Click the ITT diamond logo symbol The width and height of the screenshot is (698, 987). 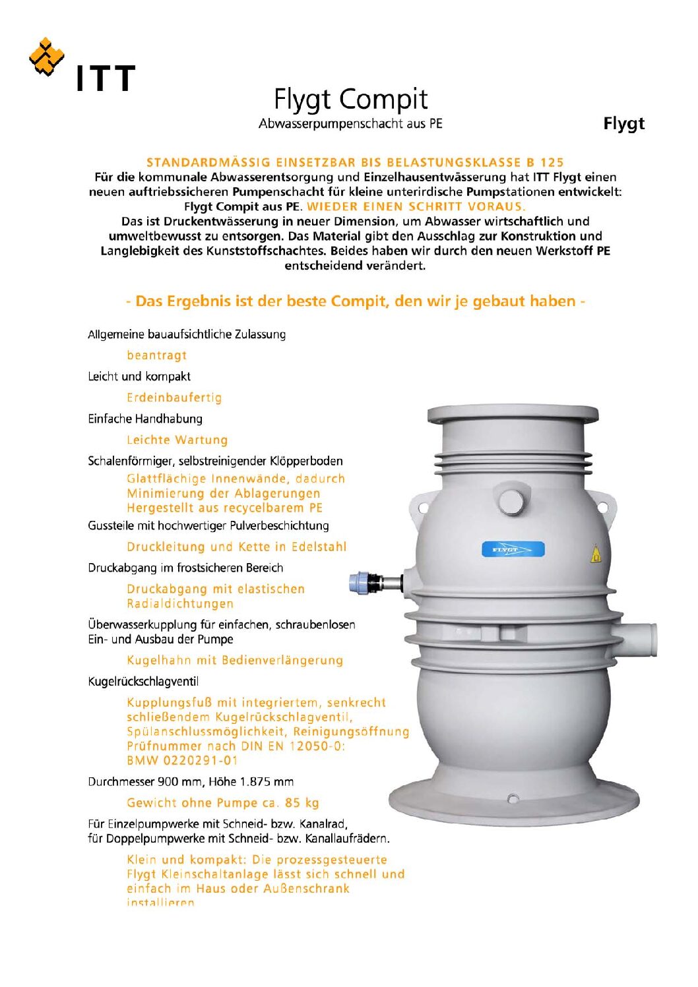[46, 57]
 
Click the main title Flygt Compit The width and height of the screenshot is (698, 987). [350, 100]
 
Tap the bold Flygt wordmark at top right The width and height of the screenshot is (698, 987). [623, 123]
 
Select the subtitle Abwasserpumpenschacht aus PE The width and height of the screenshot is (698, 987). [350, 124]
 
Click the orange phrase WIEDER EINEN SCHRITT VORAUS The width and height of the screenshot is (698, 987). [416, 206]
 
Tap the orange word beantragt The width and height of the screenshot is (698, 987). [157, 355]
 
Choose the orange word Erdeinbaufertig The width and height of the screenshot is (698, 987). [174, 398]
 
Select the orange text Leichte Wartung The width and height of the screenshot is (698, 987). [177, 440]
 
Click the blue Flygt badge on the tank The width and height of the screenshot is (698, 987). [513, 549]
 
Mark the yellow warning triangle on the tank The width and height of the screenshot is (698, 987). [596, 554]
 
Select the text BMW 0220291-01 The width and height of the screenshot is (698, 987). [182, 760]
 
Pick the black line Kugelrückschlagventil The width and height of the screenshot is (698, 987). [143, 682]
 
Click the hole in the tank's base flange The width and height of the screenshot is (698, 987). [513, 799]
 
